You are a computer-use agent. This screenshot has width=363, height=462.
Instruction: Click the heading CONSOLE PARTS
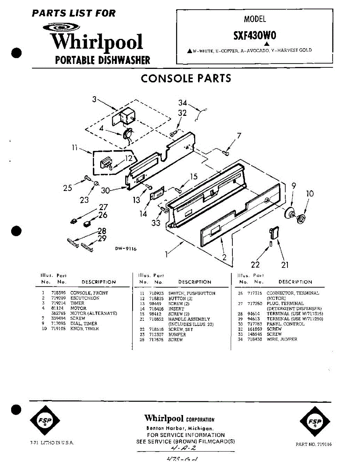186,78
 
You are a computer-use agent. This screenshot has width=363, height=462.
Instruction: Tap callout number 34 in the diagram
183,103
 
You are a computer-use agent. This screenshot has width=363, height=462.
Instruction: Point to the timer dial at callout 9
290,213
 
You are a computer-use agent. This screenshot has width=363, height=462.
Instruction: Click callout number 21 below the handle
285,264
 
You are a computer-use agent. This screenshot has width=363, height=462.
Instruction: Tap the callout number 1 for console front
166,254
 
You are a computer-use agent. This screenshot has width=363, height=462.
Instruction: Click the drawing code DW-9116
126,249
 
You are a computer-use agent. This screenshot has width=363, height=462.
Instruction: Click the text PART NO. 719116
313,444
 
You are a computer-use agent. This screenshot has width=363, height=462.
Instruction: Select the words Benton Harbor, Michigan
180,428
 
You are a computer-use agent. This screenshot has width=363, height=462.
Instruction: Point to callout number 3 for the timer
94,99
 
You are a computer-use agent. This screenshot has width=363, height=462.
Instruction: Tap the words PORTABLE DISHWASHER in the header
103,60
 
